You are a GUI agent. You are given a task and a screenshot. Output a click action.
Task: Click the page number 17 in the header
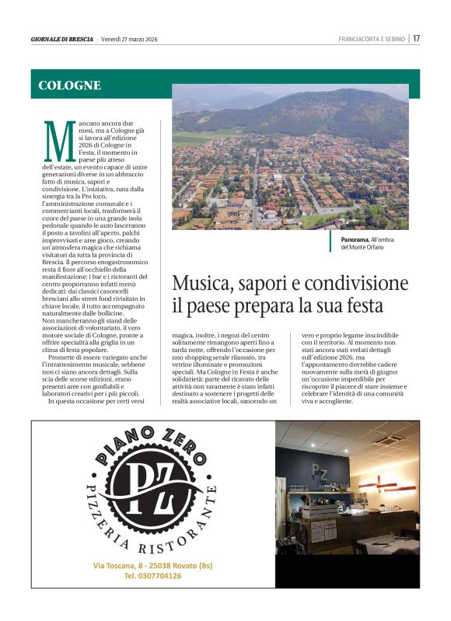pos(417,38)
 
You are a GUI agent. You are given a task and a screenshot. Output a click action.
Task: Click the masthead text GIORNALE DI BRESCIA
pos(62,39)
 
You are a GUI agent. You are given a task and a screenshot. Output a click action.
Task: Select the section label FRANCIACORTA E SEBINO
pos(372,39)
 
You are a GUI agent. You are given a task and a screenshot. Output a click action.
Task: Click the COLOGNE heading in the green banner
pos(70,85)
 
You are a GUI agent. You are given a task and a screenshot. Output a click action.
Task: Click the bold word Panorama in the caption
pos(357,239)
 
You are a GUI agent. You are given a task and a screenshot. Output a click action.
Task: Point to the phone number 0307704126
pos(152,576)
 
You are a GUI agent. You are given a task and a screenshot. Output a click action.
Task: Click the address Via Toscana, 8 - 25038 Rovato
pos(152,565)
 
